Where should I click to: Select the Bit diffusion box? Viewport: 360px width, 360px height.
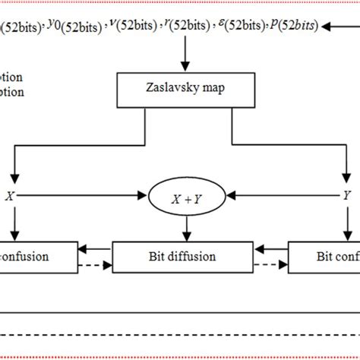(x=180, y=257)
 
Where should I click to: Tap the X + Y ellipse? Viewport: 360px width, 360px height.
(x=180, y=196)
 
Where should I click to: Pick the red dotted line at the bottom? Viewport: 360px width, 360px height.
(x=180, y=335)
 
